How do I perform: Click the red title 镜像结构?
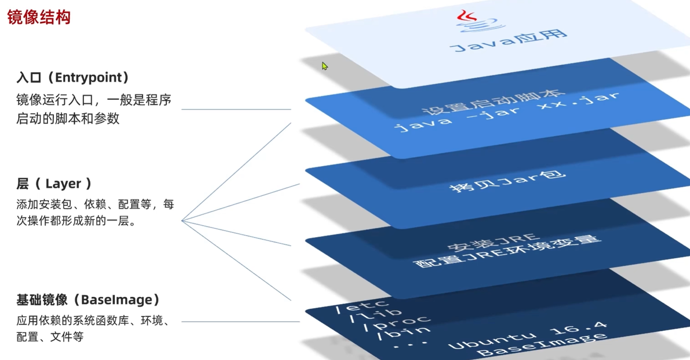point(39,17)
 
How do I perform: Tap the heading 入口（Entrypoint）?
point(73,77)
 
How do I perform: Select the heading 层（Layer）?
point(54,184)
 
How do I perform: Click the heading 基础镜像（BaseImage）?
point(88,300)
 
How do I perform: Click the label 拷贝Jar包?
point(508,182)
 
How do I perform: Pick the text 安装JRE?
point(494,242)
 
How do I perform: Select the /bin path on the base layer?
point(403,333)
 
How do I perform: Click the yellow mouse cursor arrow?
point(324,66)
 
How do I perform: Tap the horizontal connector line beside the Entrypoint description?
point(236,109)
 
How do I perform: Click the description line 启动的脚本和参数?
point(68,119)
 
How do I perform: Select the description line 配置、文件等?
point(50,337)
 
